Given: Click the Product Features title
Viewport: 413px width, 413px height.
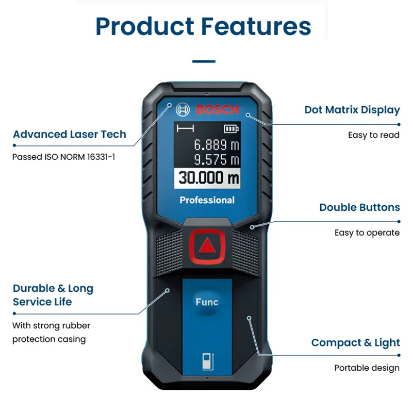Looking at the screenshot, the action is [203, 26].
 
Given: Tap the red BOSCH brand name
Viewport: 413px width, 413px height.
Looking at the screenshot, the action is [218, 110].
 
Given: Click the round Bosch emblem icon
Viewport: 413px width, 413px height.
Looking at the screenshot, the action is [183, 110].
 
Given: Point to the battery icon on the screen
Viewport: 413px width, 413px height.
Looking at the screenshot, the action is [232, 129].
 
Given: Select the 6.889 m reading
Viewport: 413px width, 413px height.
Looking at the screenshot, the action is [217, 144].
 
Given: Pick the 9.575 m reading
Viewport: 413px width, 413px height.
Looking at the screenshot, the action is [217, 160].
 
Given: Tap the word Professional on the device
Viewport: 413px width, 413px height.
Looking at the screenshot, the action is [207, 200].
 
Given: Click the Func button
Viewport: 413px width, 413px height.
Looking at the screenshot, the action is [207, 302].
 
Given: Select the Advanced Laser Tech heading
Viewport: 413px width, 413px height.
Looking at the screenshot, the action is [70, 135].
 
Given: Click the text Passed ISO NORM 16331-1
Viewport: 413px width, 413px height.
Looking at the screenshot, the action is [64, 157].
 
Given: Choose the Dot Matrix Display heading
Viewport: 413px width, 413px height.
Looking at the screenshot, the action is [352, 110].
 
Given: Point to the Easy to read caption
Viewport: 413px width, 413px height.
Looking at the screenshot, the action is [374, 135].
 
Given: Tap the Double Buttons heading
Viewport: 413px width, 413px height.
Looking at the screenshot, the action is [359, 208].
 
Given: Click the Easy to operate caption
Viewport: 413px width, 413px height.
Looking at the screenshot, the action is [367, 233].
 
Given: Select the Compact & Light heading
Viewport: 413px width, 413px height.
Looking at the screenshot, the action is [356, 343].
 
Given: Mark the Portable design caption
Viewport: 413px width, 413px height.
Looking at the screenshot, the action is [367, 368].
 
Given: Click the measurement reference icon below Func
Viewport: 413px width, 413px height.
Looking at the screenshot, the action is [208, 361].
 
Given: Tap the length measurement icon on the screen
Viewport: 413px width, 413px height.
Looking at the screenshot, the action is [186, 128].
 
